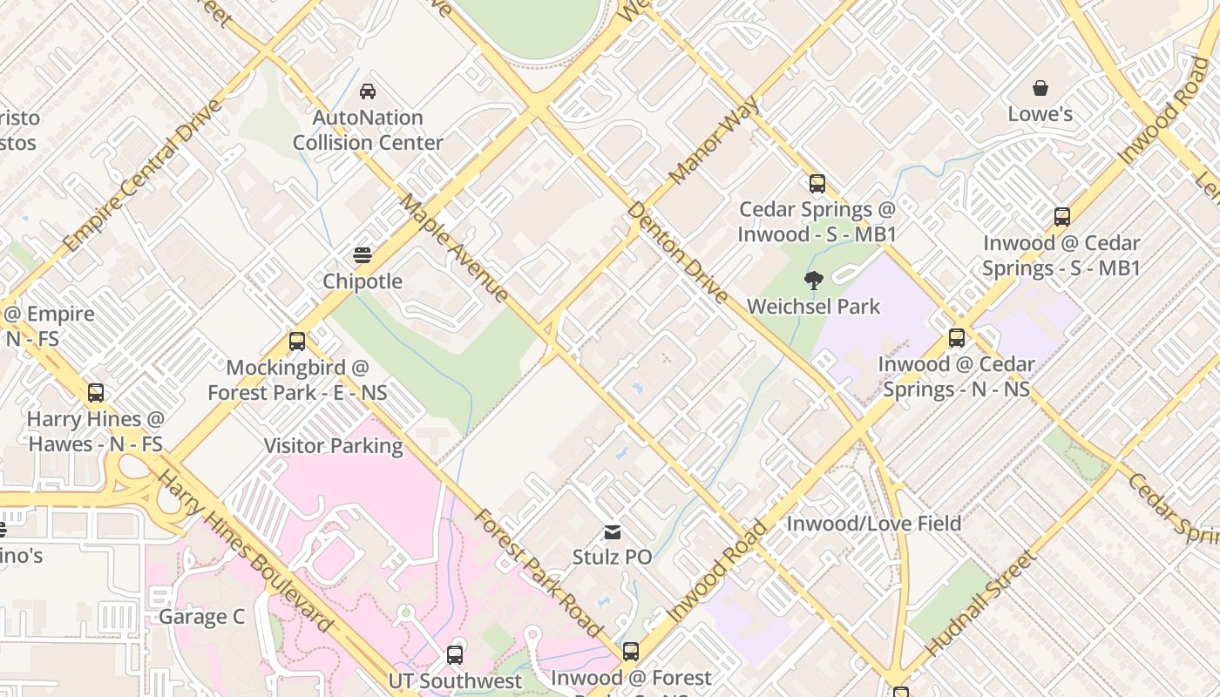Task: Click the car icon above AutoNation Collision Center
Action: tap(368, 91)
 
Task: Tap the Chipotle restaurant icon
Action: tap(363, 255)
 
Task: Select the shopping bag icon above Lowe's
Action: tap(1040, 88)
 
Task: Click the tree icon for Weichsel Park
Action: tap(813, 280)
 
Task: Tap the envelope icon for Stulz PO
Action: tap(613, 531)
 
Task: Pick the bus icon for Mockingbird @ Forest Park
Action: tap(297, 342)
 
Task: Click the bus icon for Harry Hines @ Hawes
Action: tap(96, 393)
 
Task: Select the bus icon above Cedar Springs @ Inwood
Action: tap(817, 184)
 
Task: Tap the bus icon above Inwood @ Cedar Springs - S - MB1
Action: tap(1061, 217)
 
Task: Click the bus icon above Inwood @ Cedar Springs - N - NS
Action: tap(957, 338)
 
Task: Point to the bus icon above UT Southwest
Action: tap(455, 654)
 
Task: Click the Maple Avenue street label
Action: tap(454, 248)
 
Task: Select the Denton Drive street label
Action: tap(677, 253)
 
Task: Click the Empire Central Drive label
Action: tap(144, 176)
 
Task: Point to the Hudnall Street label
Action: tap(981, 603)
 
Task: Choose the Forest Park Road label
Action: tap(538, 573)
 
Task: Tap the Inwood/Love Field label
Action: tap(873, 524)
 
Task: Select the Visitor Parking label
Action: tap(333, 446)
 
